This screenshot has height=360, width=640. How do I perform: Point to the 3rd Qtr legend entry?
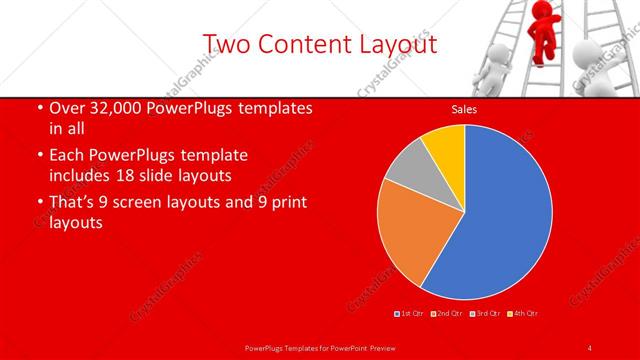pos(485,314)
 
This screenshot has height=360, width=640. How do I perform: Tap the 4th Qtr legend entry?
pos(524,314)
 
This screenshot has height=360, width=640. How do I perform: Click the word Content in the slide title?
pos(300,44)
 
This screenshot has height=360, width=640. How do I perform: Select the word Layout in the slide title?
pos(397,44)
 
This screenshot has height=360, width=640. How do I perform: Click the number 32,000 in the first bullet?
pos(114,108)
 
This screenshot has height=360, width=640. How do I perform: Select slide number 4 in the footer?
pos(590,347)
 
